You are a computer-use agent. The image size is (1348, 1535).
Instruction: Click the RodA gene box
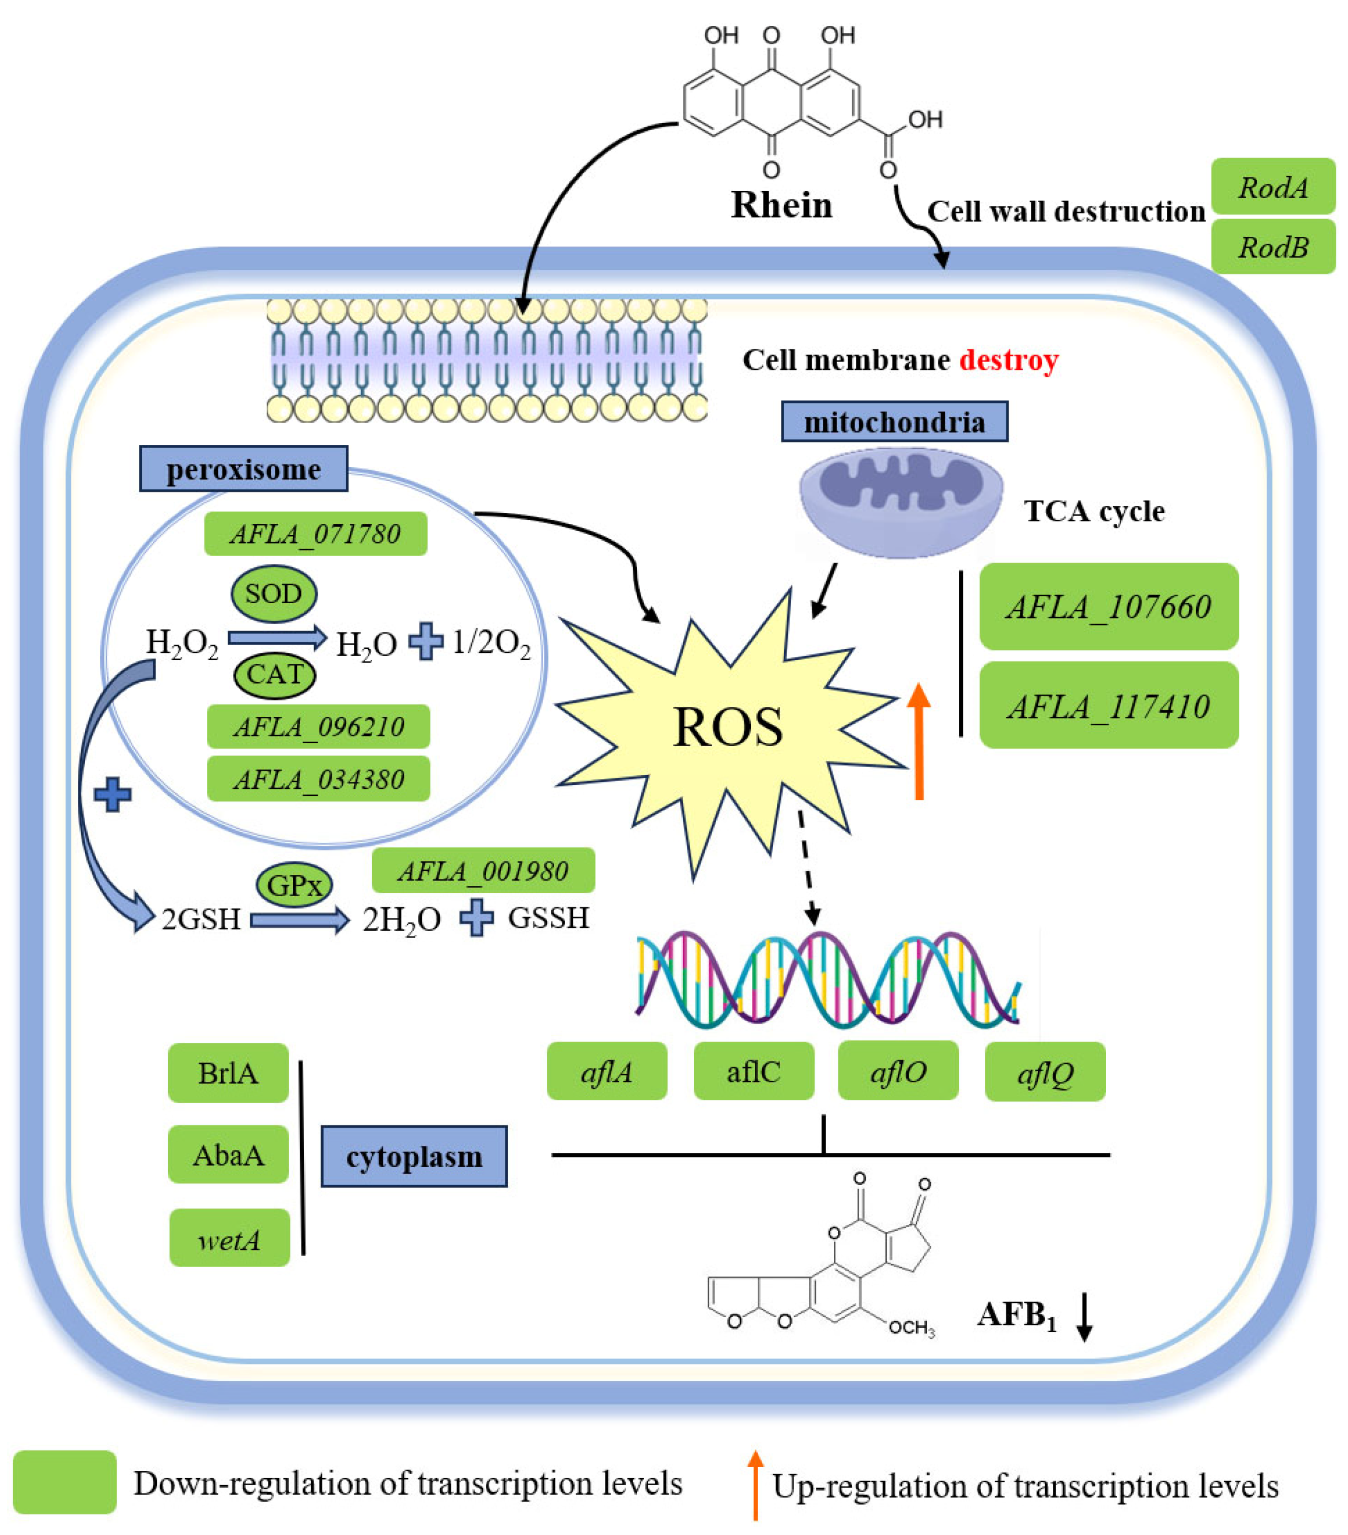click(x=1272, y=186)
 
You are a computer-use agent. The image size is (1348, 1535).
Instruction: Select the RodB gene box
click(x=1272, y=246)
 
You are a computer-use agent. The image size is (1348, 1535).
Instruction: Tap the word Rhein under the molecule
click(x=781, y=205)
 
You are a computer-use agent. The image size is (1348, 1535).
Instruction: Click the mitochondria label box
click(x=894, y=422)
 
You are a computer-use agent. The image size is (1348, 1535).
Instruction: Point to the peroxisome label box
click(x=243, y=469)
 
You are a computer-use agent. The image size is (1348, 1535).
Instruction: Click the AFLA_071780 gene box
click(x=315, y=534)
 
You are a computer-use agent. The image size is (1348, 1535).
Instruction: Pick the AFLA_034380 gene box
click(x=318, y=780)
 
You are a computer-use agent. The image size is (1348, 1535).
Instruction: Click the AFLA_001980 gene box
click(x=483, y=871)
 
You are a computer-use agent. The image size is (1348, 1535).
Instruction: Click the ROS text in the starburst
click(x=727, y=727)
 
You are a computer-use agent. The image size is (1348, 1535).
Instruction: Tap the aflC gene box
click(x=753, y=1071)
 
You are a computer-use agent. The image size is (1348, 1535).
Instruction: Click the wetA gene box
click(x=229, y=1239)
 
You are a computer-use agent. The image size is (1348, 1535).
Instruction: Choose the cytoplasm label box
click(x=414, y=1156)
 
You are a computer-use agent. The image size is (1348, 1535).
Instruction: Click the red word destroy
click(x=1009, y=360)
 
